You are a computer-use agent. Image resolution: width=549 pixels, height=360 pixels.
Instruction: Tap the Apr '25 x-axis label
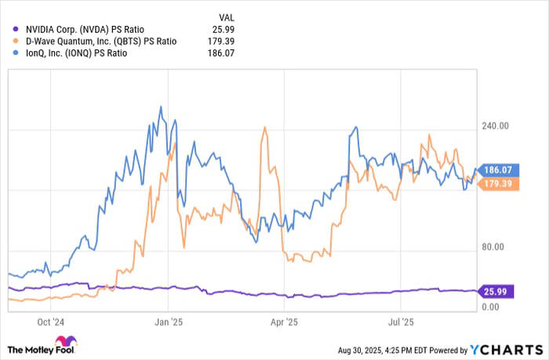point(285,322)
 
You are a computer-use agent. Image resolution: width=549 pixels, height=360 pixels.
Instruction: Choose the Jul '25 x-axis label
point(401,322)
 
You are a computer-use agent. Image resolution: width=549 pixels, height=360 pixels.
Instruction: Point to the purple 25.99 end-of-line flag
point(497,290)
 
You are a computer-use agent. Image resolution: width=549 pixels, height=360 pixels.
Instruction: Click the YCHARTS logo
point(502,349)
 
